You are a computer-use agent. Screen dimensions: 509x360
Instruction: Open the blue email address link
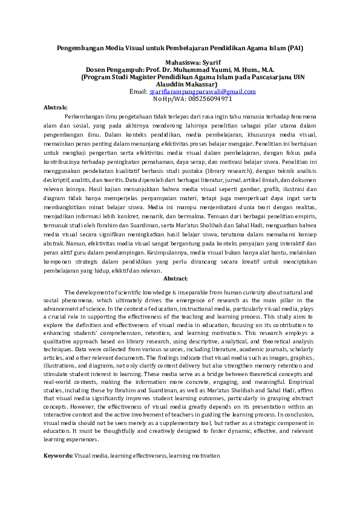click(x=202, y=91)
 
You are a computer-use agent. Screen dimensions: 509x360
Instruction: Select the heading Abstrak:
click(x=56, y=106)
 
